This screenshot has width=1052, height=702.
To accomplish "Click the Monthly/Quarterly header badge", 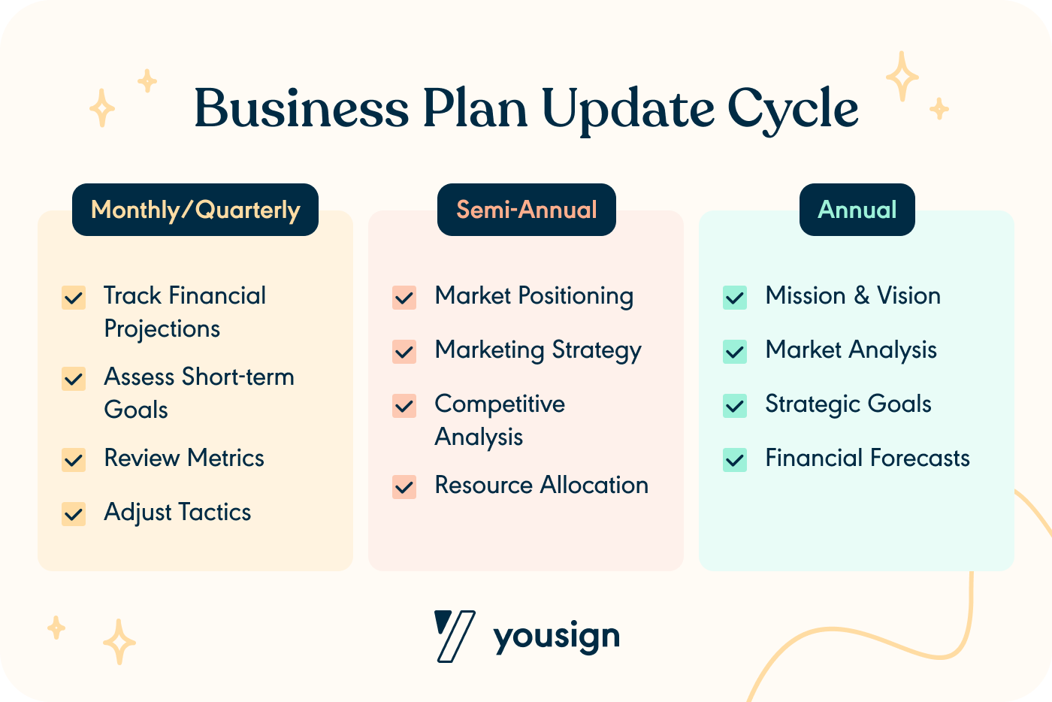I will pyautogui.click(x=195, y=210).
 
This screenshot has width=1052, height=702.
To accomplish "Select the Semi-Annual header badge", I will pyautogui.click(x=526, y=210).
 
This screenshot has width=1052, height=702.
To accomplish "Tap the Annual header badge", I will pyautogui.click(x=857, y=210).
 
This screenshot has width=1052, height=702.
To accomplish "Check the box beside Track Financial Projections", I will pyautogui.click(x=74, y=298).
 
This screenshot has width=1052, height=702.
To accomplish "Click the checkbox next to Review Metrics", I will pyautogui.click(x=74, y=459).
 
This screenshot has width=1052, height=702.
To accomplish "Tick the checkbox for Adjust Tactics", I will pyautogui.click(x=74, y=514).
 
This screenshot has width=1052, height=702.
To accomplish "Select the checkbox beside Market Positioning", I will pyautogui.click(x=404, y=298).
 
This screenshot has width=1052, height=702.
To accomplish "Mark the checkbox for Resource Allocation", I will pyautogui.click(x=404, y=487).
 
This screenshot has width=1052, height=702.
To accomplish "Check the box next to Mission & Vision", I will pyautogui.click(x=735, y=298).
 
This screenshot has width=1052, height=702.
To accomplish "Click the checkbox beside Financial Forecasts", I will pyautogui.click(x=735, y=459).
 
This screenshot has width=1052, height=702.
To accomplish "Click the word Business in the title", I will pyautogui.click(x=301, y=108).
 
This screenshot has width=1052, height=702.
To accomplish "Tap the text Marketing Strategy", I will pyautogui.click(x=538, y=351).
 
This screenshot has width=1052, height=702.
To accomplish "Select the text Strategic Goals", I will pyautogui.click(x=848, y=404).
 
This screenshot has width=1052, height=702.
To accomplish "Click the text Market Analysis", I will pyautogui.click(x=851, y=350).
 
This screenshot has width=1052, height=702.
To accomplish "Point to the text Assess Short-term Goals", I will pyautogui.click(x=198, y=392).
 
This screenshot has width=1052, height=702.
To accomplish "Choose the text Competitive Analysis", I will pyautogui.click(x=499, y=419).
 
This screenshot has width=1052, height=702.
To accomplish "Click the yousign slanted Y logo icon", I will pyautogui.click(x=454, y=636).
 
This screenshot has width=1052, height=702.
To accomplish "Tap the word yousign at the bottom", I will pyautogui.click(x=556, y=637).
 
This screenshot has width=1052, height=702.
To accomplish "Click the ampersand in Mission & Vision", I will pyautogui.click(x=861, y=296).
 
